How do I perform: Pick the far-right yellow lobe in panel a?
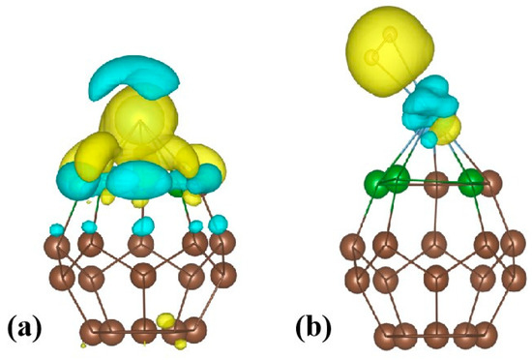click(205, 161)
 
